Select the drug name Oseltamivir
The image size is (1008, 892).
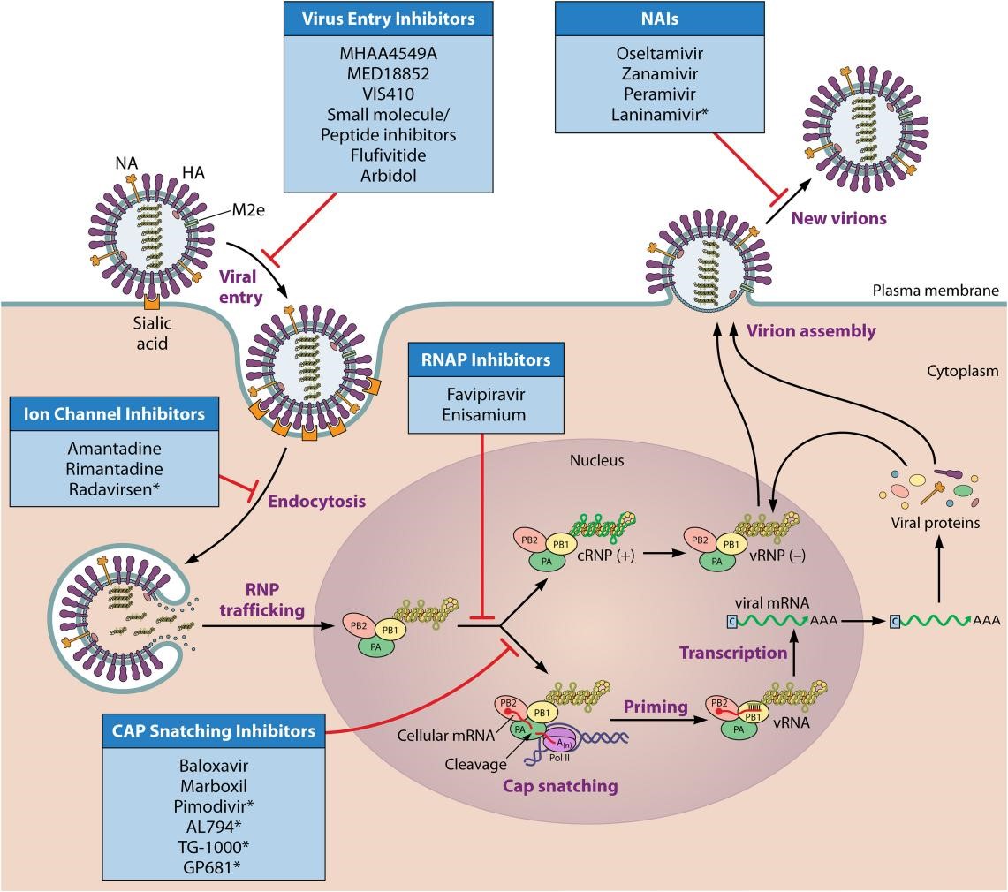coord(648,54)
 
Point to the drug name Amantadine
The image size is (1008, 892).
coord(115,448)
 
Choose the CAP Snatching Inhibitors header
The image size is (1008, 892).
coord(214,731)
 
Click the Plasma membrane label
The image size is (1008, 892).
coord(936,291)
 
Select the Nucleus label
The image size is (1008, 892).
coord(596,460)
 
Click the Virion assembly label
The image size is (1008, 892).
coord(811,332)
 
